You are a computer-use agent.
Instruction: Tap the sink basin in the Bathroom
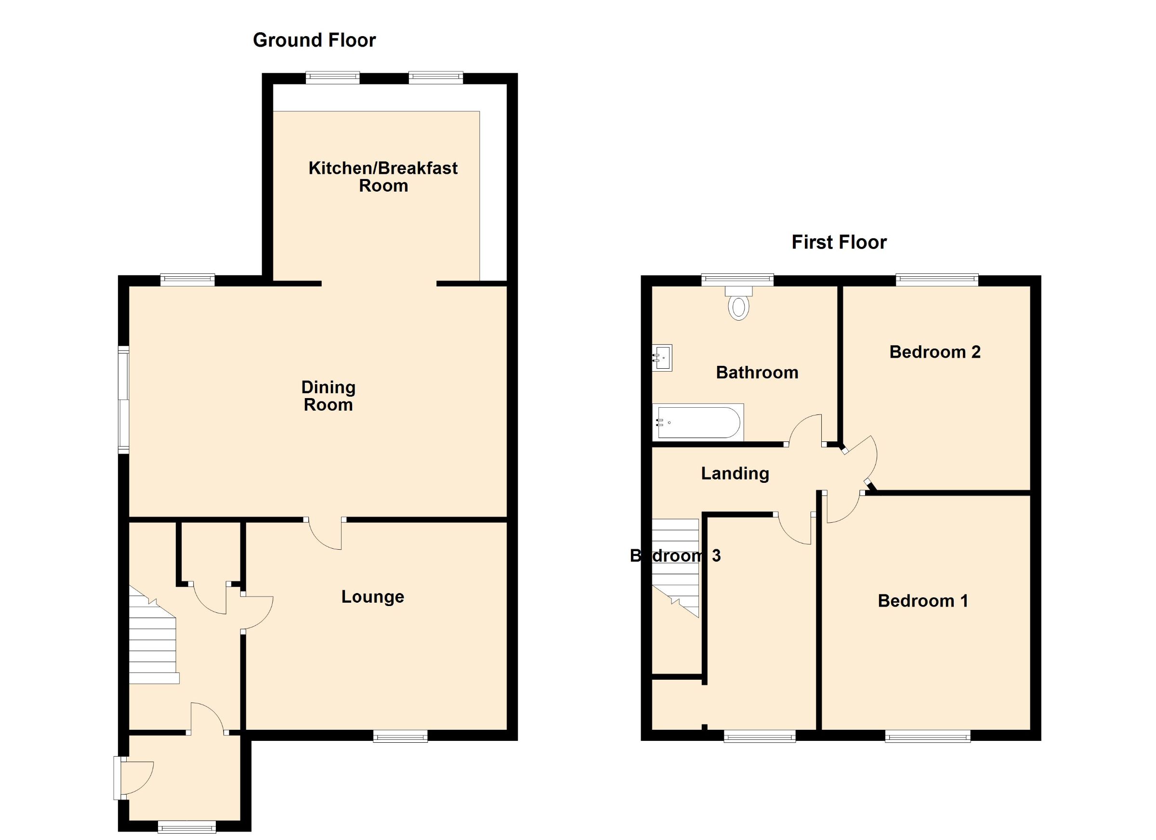662,358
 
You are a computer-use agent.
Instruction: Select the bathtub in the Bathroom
697,422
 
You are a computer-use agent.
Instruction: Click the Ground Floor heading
314,40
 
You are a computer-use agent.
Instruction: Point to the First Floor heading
839,242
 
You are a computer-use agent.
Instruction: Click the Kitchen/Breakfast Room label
383,177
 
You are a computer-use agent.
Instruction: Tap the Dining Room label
328,396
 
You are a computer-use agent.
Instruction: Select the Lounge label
373,596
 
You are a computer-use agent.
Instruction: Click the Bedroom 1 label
922,601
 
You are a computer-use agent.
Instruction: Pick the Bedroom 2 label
935,352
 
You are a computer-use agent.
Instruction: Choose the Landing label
735,474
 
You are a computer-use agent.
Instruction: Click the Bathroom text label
757,373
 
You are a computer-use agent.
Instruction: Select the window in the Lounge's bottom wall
400,736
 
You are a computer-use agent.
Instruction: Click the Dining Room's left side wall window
123,400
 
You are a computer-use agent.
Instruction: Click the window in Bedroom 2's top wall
937,279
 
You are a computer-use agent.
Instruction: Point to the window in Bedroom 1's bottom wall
928,737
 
